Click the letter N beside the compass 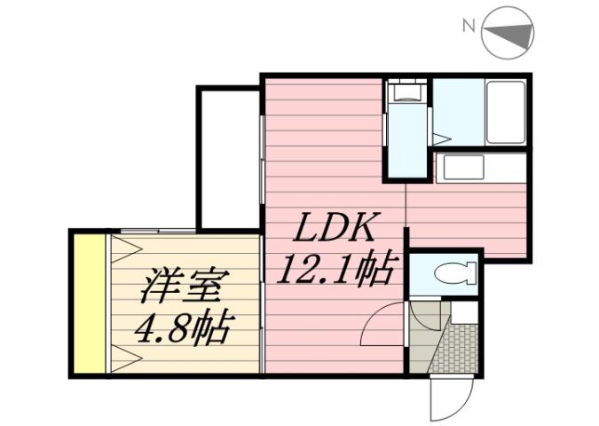[468, 27]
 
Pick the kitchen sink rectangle [464, 166]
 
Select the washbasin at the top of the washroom [407, 91]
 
